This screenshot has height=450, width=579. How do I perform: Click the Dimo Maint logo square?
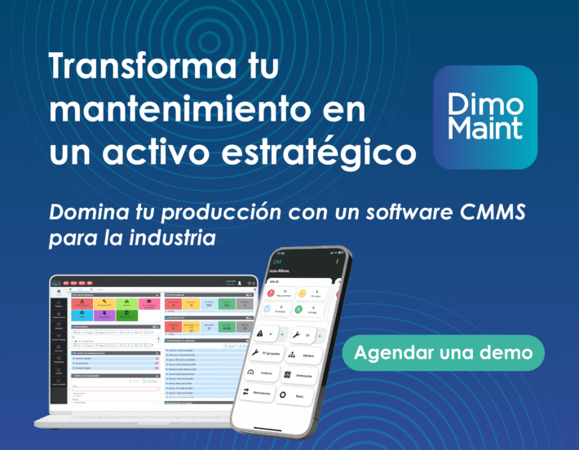tap(485, 117)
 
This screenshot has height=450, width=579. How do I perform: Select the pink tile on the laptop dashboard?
tap(150, 303)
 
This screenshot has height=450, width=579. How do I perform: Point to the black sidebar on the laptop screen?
tap(58, 342)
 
